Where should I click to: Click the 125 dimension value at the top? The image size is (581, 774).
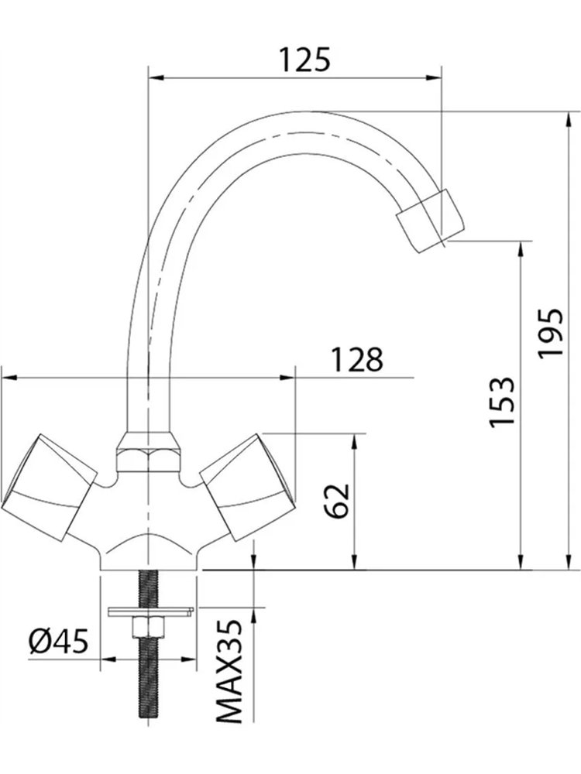tap(304, 60)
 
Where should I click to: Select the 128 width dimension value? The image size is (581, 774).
tap(356, 359)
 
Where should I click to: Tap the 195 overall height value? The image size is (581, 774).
tap(550, 334)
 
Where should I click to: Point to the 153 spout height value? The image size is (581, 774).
tap(501, 402)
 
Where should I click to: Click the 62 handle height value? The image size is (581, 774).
tap(339, 501)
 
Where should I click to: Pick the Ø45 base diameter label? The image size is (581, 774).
tap(58, 641)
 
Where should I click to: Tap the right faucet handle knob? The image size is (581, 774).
tap(248, 487)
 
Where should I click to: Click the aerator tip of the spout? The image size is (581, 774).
tap(431, 221)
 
